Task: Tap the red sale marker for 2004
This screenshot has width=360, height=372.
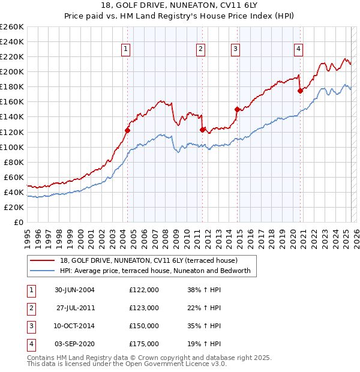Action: click(128, 130)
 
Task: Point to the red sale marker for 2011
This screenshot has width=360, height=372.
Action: click(202, 129)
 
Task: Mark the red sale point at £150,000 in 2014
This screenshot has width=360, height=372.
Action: click(237, 109)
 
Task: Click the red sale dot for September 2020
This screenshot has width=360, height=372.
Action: click(300, 91)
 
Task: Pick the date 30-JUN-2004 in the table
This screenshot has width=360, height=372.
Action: click(74, 289)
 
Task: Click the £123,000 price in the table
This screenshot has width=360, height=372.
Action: click(144, 308)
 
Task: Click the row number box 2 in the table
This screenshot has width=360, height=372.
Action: click(31, 308)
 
